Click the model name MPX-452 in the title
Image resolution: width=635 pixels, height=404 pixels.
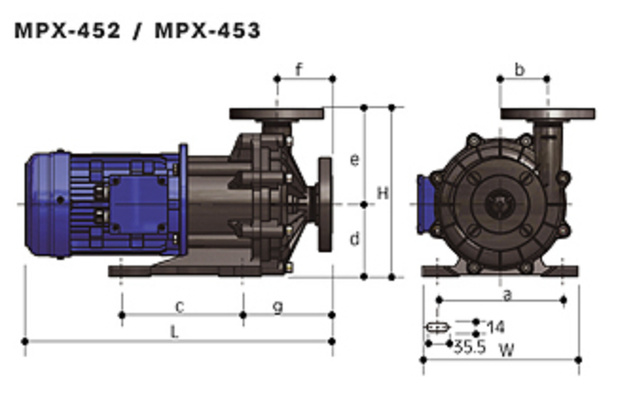point(67,30)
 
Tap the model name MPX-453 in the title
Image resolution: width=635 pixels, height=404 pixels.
point(208,30)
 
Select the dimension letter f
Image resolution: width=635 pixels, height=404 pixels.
point(299,69)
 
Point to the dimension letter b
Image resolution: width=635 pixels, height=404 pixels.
point(519,69)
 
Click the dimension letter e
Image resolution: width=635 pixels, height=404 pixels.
point(354,160)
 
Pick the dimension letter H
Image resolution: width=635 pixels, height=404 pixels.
point(383,193)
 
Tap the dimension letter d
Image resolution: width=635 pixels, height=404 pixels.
point(354,239)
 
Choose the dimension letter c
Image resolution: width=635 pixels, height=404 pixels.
point(180,306)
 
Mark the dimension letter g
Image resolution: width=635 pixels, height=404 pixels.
point(278,308)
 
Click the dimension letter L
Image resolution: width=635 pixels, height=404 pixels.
point(174,332)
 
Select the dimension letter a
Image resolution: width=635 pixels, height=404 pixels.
point(507,295)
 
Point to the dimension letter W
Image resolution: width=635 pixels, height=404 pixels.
point(507,350)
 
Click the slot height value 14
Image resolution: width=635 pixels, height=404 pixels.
point(496,326)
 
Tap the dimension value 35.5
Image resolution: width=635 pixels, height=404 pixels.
point(469,347)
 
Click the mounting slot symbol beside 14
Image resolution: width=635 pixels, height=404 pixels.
point(437,326)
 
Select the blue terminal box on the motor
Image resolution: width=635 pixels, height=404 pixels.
point(138,204)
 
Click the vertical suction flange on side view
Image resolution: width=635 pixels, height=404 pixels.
point(325,205)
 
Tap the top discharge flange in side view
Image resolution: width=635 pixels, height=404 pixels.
point(277,114)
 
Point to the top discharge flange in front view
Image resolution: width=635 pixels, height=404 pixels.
point(548,114)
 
